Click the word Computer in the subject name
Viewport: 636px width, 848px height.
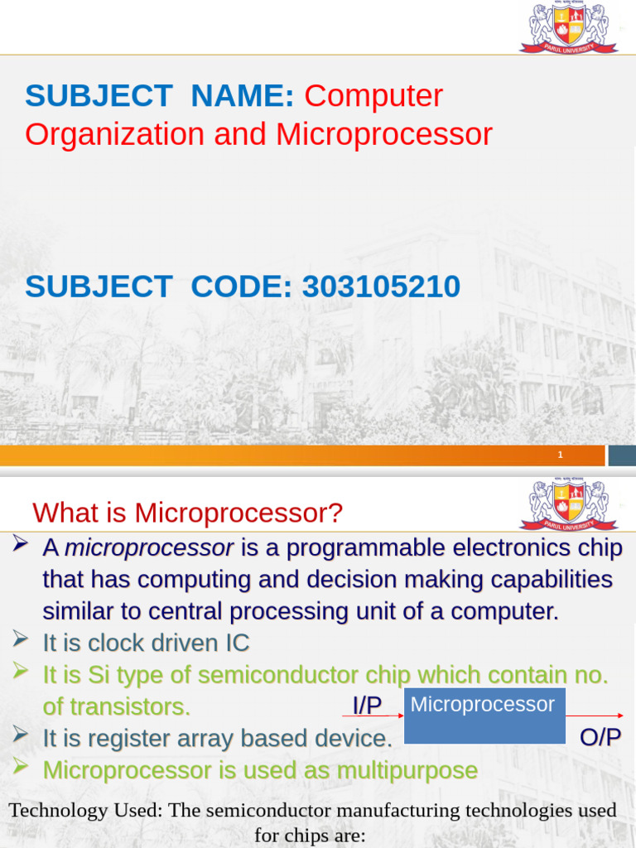[373, 96]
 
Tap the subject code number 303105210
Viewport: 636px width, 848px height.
[381, 286]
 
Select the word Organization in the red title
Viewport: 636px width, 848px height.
[114, 135]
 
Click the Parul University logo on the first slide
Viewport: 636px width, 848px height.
[568, 27]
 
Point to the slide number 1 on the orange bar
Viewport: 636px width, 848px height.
[561, 455]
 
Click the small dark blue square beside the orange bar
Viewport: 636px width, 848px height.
[622, 455]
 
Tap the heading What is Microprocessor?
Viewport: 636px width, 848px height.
[188, 512]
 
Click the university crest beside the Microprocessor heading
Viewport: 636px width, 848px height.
[568, 504]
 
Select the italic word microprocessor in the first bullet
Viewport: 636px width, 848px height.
[149, 548]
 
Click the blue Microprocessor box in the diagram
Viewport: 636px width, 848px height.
[484, 715]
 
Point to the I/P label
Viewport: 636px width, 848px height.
[367, 705]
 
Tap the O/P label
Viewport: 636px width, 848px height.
[600, 737]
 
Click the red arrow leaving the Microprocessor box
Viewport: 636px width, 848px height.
[595, 715]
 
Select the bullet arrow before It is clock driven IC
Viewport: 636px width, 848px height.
[20, 639]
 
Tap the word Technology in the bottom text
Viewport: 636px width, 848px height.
[59, 810]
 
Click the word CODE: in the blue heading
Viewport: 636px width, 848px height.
[241, 286]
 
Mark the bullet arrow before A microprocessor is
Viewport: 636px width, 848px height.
[20, 543]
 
